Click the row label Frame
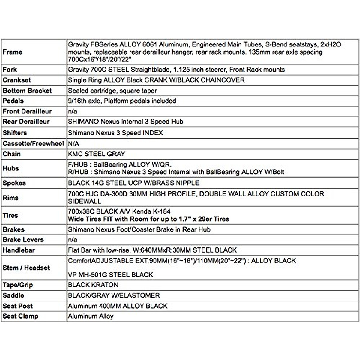(x=13, y=52)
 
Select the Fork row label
(x=10, y=70)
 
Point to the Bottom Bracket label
(x=27, y=91)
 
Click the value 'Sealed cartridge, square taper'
(x=112, y=91)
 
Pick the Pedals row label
(x=13, y=101)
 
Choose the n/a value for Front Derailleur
(x=73, y=111)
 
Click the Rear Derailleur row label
(x=26, y=121)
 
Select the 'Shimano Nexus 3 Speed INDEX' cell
(x=115, y=133)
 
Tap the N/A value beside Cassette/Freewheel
(x=73, y=144)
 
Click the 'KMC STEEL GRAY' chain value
(x=96, y=154)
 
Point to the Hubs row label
(x=11, y=168)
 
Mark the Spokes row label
(x=14, y=183)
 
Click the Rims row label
(x=11, y=198)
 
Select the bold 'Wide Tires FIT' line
(x=148, y=219)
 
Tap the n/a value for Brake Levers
(x=73, y=240)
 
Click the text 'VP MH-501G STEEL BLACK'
(x=110, y=274)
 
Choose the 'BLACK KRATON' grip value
(x=93, y=285)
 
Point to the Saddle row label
(x=13, y=295)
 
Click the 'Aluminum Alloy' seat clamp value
(x=91, y=316)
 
